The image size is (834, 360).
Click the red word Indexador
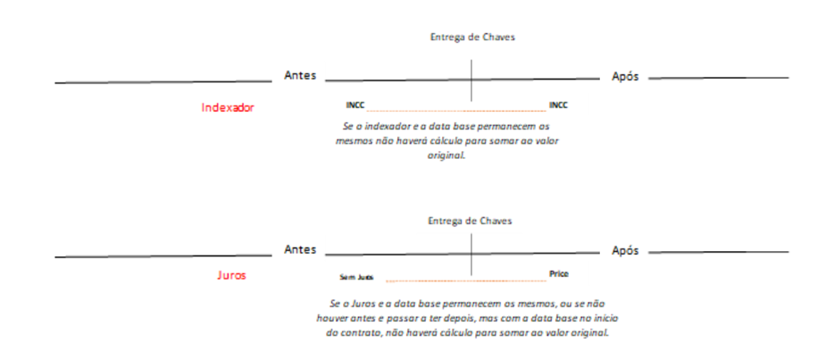click(x=228, y=107)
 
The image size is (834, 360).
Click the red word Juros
click(x=231, y=276)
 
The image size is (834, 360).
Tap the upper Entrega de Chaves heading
click(x=472, y=38)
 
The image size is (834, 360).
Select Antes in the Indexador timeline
click(x=300, y=76)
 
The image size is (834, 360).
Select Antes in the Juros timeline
click(x=300, y=250)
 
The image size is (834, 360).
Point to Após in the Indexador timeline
click(x=625, y=77)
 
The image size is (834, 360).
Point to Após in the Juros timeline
click(x=625, y=251)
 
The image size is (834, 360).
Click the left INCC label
click(x=355, y=105)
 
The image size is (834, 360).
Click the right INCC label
click(x=558, y=105)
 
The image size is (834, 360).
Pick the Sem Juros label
click(x=356, y=278)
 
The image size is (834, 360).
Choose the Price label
click(x=558, y=274)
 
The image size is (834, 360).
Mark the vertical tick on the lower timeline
click(x=471, y=254)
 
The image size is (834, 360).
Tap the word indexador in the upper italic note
click(x=382, y=127)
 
